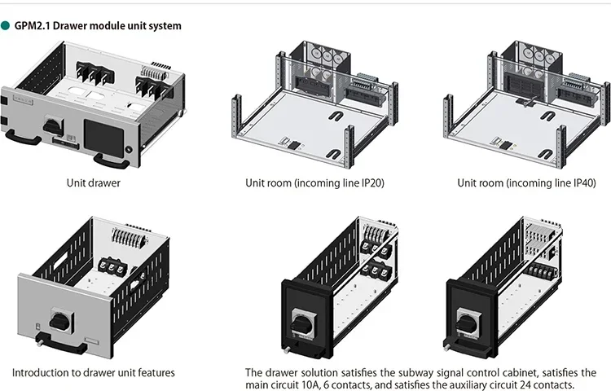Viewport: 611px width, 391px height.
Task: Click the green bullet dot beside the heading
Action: (x=5, y=26)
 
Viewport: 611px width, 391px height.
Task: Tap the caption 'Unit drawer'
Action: (x=94, y=182)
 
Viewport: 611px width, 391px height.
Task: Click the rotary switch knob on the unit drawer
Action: (x=51, y=125)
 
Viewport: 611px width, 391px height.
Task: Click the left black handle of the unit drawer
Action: (x=23, y=137)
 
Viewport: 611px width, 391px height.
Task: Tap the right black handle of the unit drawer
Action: (x=112, y=160)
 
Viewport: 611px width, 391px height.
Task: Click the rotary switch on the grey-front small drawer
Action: (x=61, y=321)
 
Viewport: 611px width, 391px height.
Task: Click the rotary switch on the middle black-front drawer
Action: (x=302, y=324)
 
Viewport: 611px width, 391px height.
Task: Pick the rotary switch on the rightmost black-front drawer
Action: (x=468, y=323)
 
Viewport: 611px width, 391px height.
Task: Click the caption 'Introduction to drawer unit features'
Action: (x=94, y=373)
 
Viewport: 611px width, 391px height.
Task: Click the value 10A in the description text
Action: (x=311, y=384)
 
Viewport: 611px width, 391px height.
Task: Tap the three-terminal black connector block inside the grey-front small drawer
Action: (x=112, y=266)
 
